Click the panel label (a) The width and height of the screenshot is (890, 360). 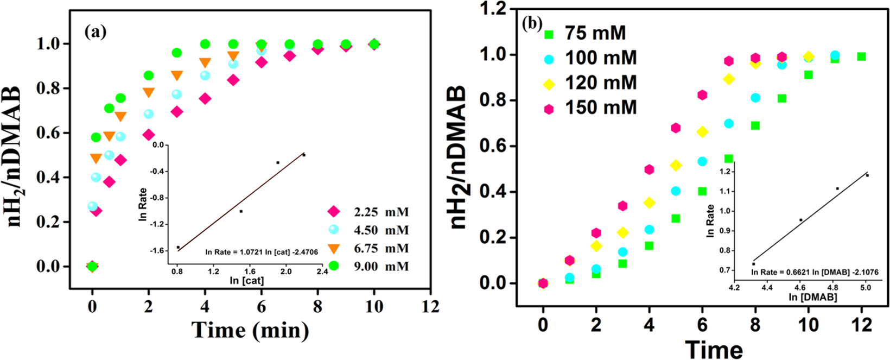pos(96,32)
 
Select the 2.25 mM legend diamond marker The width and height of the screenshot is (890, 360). pos(334,212)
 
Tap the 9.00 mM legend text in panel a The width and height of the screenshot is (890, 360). pos(381,267)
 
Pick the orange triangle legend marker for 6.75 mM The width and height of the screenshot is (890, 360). pos(334,249)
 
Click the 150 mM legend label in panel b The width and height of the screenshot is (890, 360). pos(601,108)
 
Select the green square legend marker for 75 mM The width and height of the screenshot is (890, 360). pos(549,34)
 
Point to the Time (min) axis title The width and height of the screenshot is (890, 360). pos(250,330)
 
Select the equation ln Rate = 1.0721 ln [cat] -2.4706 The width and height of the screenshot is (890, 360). pos(262,252)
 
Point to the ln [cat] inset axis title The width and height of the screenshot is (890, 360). pos(247,281)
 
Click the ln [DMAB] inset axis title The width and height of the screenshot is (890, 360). pos(812,297)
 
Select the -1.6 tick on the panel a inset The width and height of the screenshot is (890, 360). pos(158,251)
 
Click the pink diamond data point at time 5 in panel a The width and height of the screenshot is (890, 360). pos(233,80)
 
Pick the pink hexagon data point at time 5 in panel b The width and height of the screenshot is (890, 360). pos(676,128)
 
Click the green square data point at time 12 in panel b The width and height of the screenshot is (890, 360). pos(861,56)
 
